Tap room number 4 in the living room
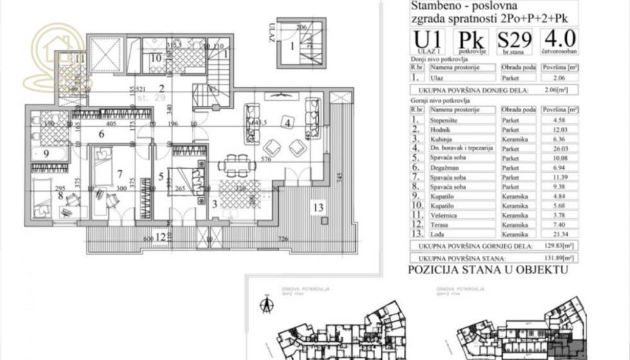[x=287, y=124]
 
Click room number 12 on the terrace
[x=161, y=237]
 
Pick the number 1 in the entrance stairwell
[x=292, y=45]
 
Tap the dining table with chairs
[x=237, y=166]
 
